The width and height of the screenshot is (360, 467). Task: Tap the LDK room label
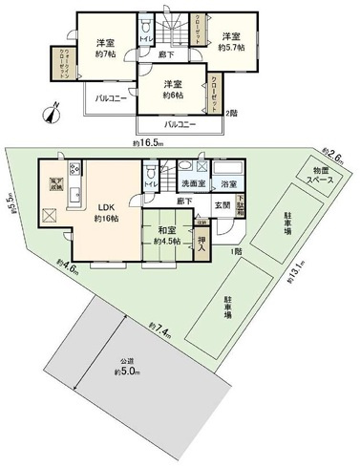(x=105, y=212)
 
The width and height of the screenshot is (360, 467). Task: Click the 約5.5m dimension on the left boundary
(x=11, y=202)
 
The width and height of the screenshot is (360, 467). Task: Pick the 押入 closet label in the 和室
(x=202, y=239)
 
